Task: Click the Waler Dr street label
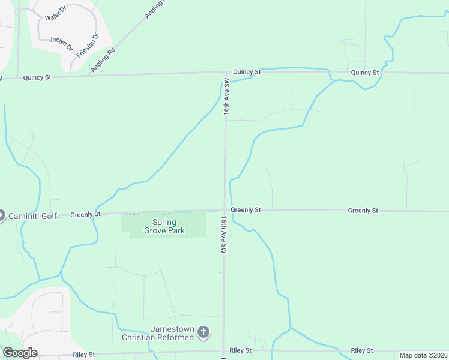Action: [54, 10]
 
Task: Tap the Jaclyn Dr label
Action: [61, 43]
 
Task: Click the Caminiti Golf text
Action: [32, 215]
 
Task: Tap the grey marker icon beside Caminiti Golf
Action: [1, 215]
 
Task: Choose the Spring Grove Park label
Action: [164, 227]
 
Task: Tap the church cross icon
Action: [204, 332]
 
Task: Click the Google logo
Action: [20, 353]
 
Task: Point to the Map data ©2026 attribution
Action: [423, 355]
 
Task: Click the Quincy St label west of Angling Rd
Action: [38, 78]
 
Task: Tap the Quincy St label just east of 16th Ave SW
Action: [247, 72]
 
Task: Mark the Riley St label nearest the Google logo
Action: [83, 355]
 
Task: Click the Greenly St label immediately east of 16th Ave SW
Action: [246, 210]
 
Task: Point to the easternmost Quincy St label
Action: [365, 73]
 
